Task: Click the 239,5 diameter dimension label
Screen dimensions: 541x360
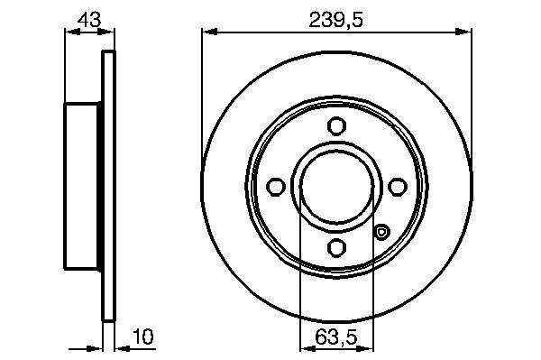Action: [x=336, y=21]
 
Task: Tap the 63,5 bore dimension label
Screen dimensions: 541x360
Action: [x=336, y=337]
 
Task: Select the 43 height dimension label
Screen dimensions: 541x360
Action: [x=89, y=20]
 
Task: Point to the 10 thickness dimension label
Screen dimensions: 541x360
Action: [x=143, y=337]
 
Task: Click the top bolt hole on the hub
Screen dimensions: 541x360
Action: [x=336, y=126]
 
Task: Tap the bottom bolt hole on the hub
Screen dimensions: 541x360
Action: [x=336, y=247]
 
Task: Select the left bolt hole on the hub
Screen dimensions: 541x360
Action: [x=276, y=187]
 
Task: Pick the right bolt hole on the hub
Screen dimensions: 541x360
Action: [x=398, y=187]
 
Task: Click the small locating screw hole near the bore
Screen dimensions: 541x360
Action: [x=381, y=232]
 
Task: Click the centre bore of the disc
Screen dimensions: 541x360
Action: [x=336, y=187]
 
